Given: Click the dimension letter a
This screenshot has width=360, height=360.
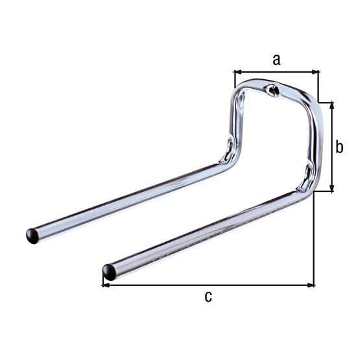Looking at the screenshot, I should pos(276,60).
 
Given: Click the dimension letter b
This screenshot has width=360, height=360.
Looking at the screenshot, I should pos(339,147).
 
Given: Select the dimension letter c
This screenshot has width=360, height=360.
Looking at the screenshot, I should pos(208,297).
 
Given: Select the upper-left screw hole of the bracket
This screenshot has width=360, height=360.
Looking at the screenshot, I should pos(241,101).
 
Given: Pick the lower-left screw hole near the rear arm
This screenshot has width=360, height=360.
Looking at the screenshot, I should pos(228,149).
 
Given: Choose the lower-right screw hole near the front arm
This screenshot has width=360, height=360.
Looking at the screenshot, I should pos(307,174).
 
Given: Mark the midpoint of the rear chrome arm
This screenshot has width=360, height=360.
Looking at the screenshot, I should pos(130,198).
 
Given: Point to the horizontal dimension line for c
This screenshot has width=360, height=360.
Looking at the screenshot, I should pos(208,284).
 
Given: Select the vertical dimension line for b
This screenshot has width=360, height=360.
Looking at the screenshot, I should pos(332,147).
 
